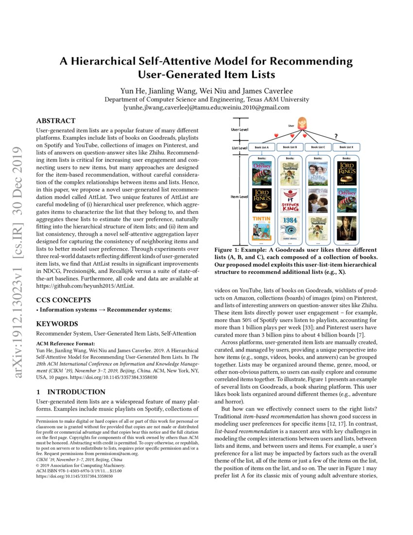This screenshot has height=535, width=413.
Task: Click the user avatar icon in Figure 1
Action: point(302,122)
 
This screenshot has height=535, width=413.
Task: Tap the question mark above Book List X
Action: point(335,136)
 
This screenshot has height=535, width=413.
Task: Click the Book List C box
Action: point(318,147)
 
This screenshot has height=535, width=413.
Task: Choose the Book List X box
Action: point(346,147)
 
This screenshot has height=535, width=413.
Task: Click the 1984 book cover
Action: point(290,227)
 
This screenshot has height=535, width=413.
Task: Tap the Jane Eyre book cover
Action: point(318,200)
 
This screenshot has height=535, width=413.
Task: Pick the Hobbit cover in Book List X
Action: point(346,227)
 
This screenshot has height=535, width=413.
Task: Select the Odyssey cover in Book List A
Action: point(262,173)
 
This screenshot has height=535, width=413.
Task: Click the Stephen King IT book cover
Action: point(290,200)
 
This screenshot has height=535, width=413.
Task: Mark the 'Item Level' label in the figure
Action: point(239,197)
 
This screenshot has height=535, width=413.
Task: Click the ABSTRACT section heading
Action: point(56,121)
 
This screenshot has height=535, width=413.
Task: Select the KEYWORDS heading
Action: point(57,323)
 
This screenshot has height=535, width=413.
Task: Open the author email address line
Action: point(206,107)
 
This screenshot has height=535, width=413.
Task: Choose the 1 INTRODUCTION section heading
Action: point(71,392)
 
